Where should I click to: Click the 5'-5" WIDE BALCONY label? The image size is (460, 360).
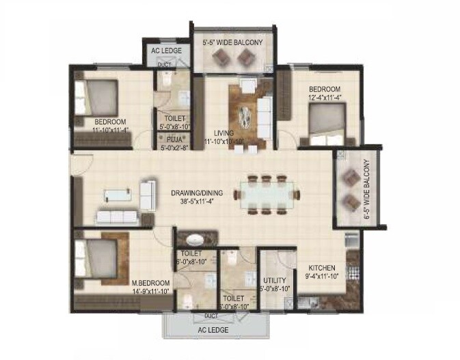(x=232, y=43)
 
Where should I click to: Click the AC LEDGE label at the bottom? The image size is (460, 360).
(x=213, y=331)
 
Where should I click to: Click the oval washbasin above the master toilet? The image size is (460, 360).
(x=197, y=240)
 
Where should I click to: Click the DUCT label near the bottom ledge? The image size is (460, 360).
(x=212, y=316)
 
